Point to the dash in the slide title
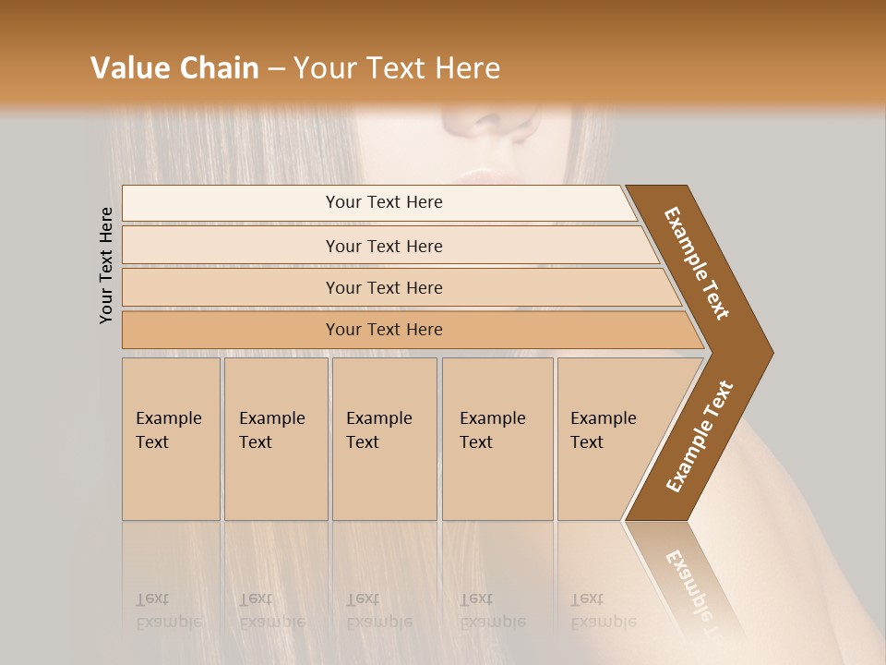tap(276, 69)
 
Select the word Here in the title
tap(467, 68)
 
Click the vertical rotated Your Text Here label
tap(106, 265)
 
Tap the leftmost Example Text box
tap(171, 439)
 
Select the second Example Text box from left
tap(275, 439)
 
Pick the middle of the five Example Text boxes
tap(384, 439)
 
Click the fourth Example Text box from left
tap(497, 439)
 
